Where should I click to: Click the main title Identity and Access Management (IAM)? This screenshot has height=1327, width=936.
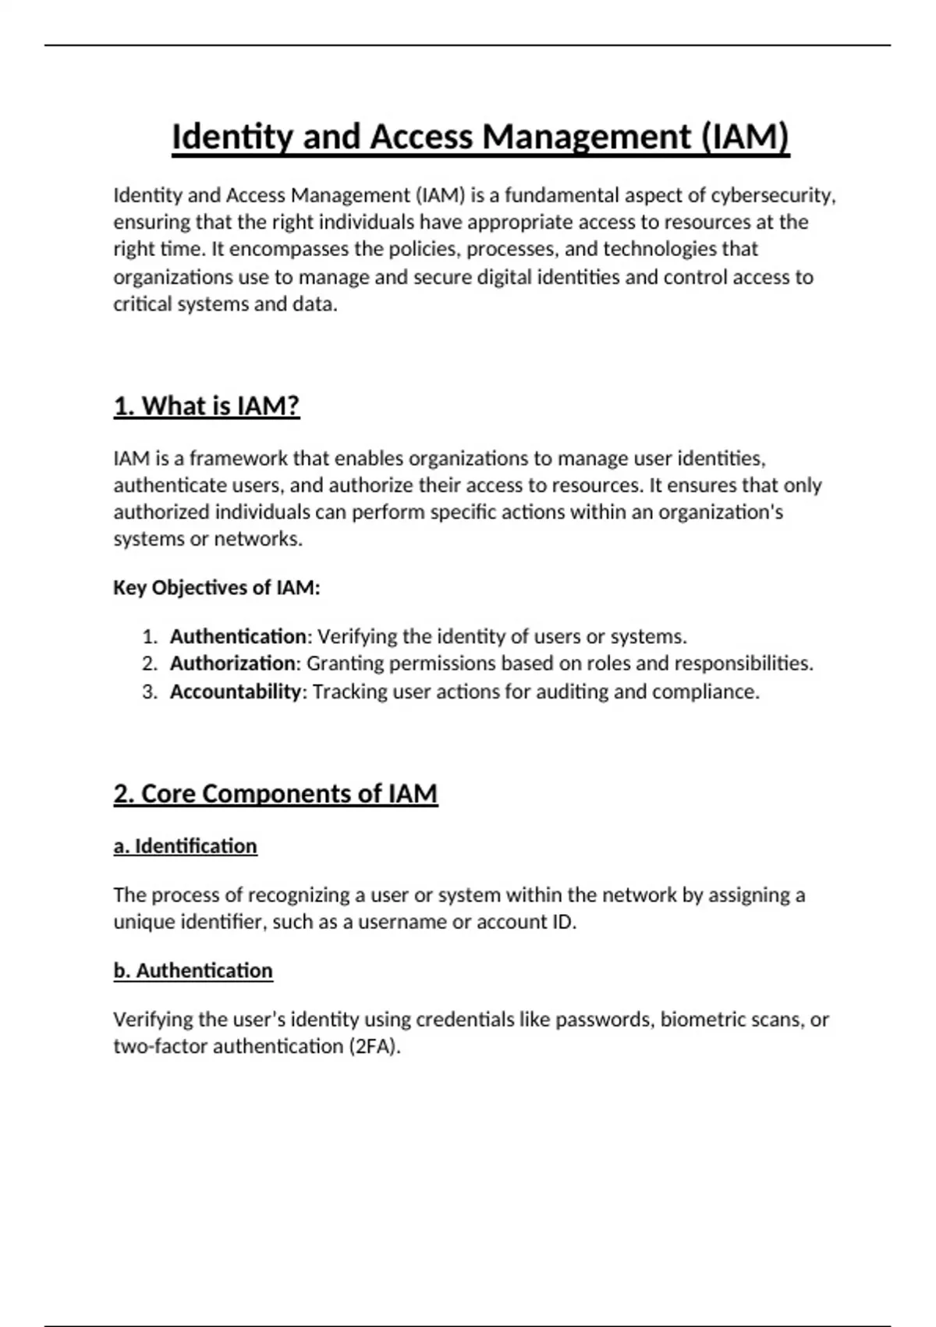[x=480, y=137]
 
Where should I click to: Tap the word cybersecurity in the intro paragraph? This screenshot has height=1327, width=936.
[x=771, y=195]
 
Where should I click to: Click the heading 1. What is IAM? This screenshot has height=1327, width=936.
[x=207, y=407]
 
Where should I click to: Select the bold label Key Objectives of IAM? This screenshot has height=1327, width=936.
[x=217, y=588]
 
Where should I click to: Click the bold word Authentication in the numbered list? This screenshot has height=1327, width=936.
[x=238, y=637]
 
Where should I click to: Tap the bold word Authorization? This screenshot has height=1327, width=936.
[x=233, y=663]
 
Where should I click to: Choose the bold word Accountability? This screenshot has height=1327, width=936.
[x=236, y=692]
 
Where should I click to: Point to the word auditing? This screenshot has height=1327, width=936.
[x=572, y=692]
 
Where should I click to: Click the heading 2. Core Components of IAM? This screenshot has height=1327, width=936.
[x=275, y=794]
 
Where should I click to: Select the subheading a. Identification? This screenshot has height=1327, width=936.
[x=186, y=846]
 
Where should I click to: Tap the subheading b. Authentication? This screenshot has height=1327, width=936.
[x=193, y=971]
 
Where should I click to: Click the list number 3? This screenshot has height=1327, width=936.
[x=150, y=692]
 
